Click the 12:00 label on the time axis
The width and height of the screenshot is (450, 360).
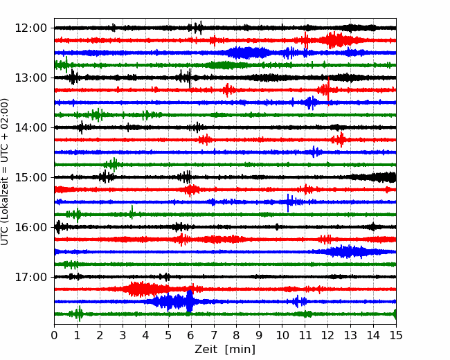(x=30, y=28)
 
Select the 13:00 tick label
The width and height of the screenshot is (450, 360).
(x=30, y=78)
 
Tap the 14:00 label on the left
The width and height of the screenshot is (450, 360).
(x=30, y=127)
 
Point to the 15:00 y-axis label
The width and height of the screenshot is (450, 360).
(x=30, y=177)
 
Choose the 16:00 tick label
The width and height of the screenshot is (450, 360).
(x=30, y=227)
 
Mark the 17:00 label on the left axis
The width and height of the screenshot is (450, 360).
(x=30, y=277)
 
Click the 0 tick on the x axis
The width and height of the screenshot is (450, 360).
(x=54, y=335)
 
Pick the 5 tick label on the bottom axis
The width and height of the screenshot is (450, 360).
(x=168, y=335)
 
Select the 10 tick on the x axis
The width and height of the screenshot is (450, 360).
(x=282, y=335)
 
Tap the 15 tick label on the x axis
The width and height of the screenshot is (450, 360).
(x=396, y=335)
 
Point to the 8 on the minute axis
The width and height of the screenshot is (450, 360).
(x=237, y=335)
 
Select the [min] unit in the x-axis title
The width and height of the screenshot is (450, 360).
(x=240, y=350)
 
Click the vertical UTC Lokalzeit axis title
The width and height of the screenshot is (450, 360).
(x=5, y=172)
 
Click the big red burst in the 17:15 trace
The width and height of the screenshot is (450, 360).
(x=143, y=289)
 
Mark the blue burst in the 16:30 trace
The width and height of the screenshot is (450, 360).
(x=348, y=252)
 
